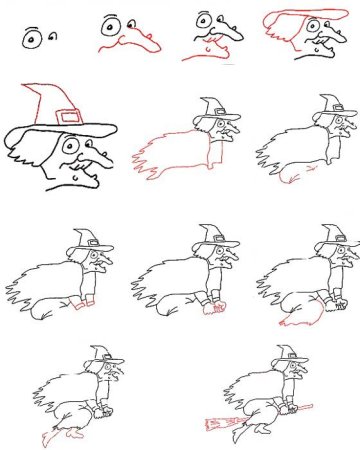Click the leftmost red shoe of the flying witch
[45, 439]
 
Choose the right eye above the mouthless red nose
[131, 22]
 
